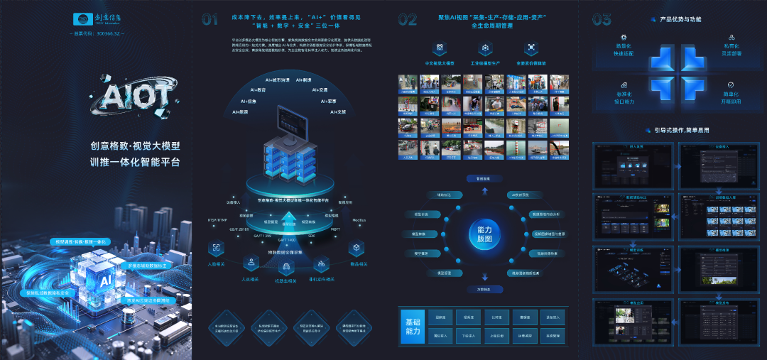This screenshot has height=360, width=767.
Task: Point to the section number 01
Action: (x=210, y=20)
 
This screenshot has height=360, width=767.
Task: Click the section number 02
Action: (x=407, y=20)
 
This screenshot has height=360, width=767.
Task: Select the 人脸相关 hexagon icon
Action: (x=216, y=248)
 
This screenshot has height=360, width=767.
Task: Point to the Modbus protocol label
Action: (x=359, y=220)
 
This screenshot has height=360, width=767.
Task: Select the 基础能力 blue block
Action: (x=411, y=327)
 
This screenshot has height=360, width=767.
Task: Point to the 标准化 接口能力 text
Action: (x=624, y=97)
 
